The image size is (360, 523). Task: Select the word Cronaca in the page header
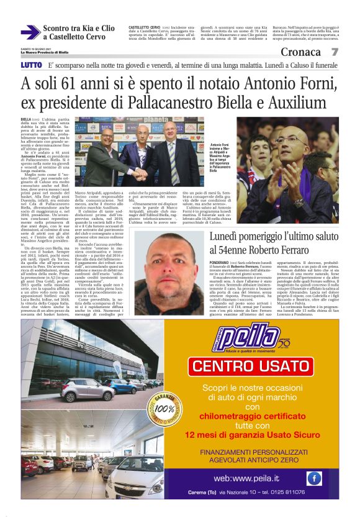click(x=301, y=52)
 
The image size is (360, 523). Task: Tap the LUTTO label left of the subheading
click(x=31, y=65)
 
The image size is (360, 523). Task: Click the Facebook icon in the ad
click(x=314, y=478)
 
